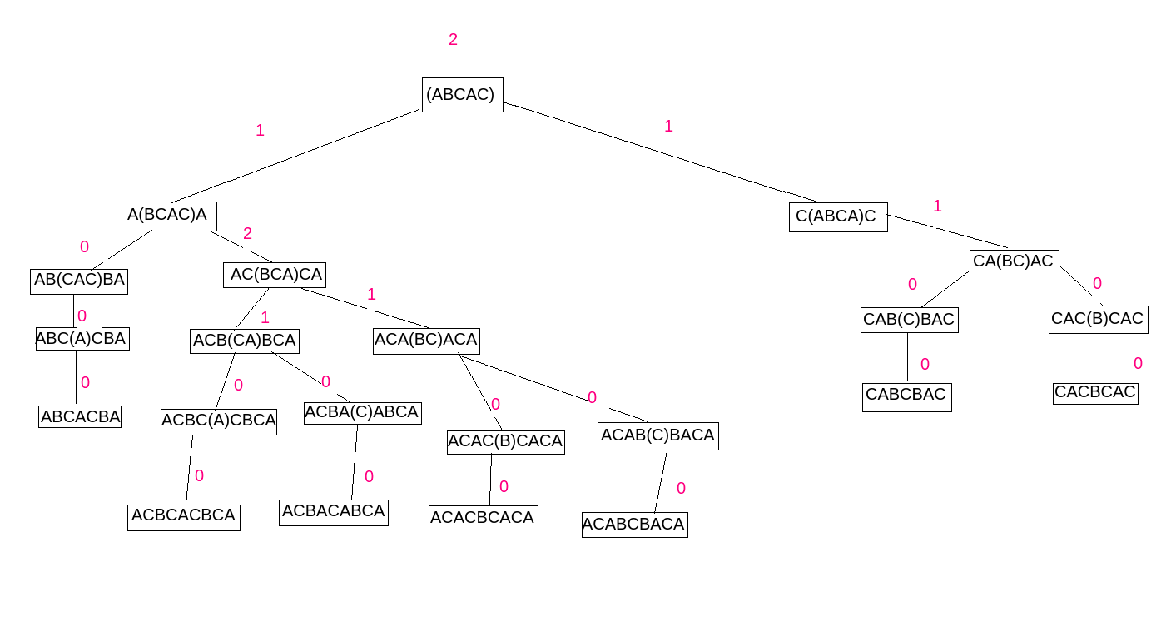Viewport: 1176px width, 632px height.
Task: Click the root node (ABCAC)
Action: pyautogui.click(x=462, y=95)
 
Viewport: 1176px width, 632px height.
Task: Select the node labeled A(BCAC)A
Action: pyautogui.click(x=169, y=216)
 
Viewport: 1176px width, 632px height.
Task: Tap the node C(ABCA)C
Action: pyautogui.click(x=837, y=217)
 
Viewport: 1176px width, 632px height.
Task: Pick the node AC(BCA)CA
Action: pyautogui.click(x=274, y=275)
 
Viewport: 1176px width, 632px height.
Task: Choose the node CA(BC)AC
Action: pyautogui.click(x=1014, y=262)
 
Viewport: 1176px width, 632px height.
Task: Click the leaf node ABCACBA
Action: pyautogui.click(x=80, y=417)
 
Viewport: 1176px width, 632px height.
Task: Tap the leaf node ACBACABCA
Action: pyautogui.click(x=333, y=512)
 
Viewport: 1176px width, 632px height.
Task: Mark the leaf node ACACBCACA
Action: pyautogui.click(x=483, y=518)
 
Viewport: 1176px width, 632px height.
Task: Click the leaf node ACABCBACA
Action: pyautogui.click(x=634, y=525)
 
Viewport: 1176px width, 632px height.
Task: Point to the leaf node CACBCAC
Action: pyautogui.click(x=1094, y=393)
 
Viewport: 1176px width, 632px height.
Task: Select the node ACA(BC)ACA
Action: pyautogui.click(x=426, y=341)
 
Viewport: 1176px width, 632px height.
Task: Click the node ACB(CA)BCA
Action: pyautogui.click(x=244, y=341)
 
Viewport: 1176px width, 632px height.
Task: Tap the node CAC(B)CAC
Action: pyautogui.click(x=1098, y=320)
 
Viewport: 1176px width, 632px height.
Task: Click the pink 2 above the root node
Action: pyautogui.click(x=453, y=40)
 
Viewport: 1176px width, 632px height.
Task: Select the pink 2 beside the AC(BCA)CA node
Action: pyautogui.click(x=247, y=234)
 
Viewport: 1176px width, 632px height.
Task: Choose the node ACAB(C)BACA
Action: pyautogui.click(x=657, y=436)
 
